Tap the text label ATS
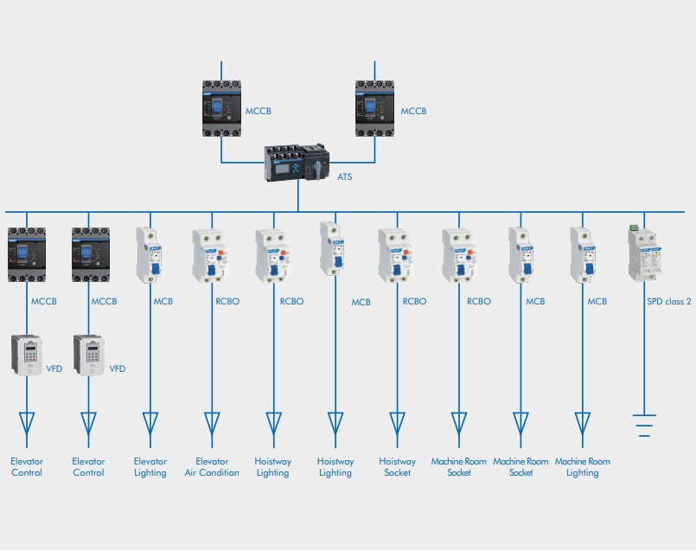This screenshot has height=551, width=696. [344, 176]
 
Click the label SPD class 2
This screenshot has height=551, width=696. [668, 302]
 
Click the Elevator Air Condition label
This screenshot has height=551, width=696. [212, 467]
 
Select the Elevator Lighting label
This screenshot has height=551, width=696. [150, 467]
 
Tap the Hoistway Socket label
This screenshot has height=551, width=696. [397, 467]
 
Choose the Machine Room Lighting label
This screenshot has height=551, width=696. [582, 467]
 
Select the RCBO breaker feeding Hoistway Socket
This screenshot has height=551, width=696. [397, 255]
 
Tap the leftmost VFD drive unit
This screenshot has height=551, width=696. [28, 354]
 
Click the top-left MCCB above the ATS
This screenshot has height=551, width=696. [221, 108]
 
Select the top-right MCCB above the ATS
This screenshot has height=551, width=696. [375, 108]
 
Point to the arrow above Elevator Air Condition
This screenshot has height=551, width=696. [212, 423]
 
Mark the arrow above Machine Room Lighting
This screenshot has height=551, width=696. [583, 423]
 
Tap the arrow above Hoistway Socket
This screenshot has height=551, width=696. [397, 423]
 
